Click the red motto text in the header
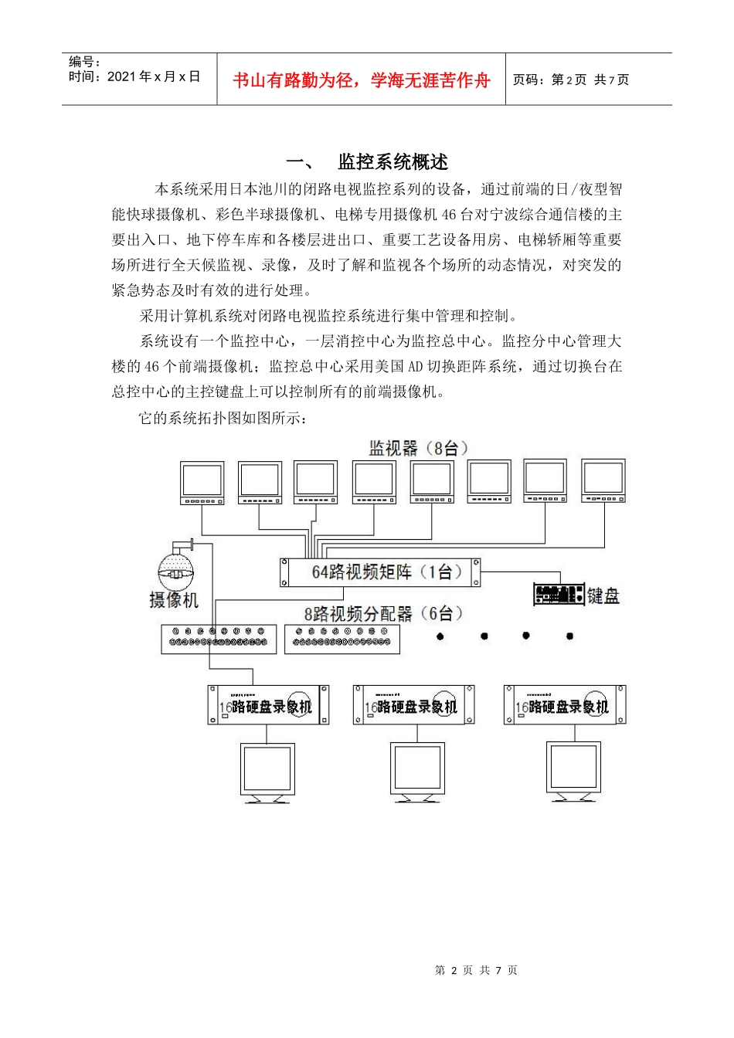361,80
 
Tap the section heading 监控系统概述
392,162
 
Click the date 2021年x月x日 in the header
154,76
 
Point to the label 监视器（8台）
418,448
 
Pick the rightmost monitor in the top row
603,480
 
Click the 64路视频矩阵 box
380,572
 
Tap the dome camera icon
176,568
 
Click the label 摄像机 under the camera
174,600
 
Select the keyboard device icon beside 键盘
558,594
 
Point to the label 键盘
603,595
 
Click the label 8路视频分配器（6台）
383,614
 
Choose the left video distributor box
219,639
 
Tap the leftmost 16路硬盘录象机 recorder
268,705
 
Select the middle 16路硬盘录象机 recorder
413,705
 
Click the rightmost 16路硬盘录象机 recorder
565,705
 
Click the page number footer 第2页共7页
476,970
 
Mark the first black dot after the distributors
440,636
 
